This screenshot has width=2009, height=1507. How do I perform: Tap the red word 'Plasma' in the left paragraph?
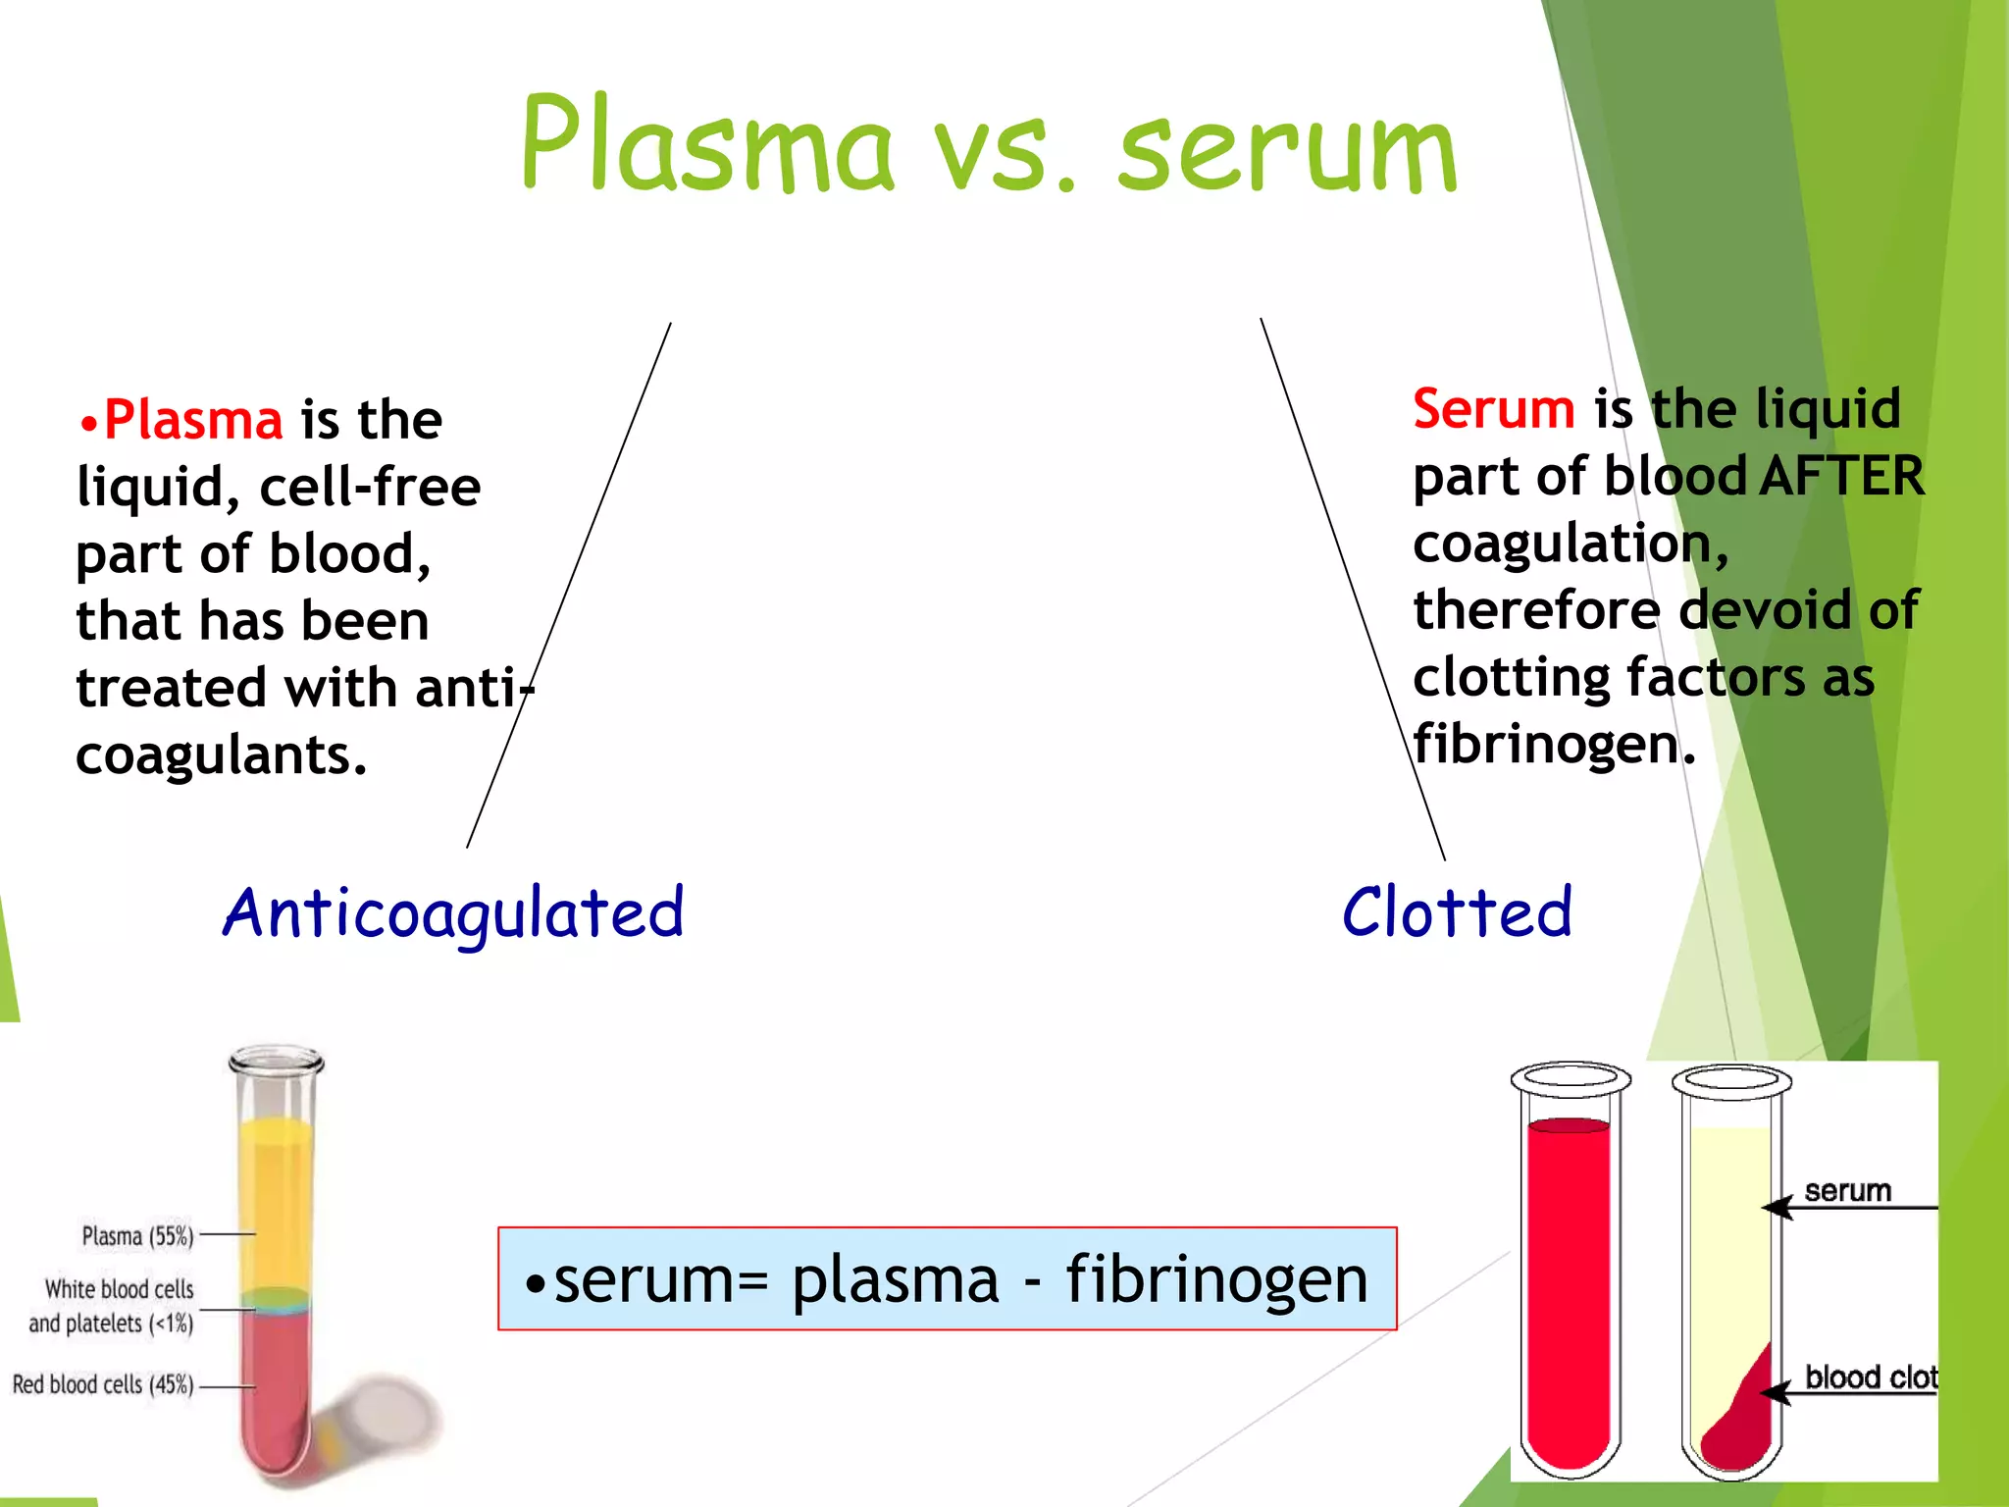pos(193,420)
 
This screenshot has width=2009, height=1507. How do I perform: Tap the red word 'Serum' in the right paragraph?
pos(1493,408)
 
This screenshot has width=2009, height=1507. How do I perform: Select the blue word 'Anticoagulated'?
pos(453,913)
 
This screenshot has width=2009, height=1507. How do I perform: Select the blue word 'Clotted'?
pos(1457,912)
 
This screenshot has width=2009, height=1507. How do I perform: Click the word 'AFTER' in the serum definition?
pos(1842,477)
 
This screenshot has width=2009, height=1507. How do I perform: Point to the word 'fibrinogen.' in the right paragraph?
pos(1554,745)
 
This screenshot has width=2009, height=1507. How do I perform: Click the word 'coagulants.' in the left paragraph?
pos(222,755)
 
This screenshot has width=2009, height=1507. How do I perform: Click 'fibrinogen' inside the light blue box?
pos(1216,1279)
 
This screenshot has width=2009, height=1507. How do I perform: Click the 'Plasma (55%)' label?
pos(137,1236)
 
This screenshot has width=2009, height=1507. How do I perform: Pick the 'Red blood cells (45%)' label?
pos(102,1384)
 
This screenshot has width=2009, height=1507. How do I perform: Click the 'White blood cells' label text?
pos(119,1289)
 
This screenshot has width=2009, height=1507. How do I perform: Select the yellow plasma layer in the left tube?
pos(276,1202)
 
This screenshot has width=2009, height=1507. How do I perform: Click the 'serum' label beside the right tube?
pos(1847,1191)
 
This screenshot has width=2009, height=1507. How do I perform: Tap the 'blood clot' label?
pos(1871,1377)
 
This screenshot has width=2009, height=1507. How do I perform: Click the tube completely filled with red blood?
pos(1569,1285)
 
